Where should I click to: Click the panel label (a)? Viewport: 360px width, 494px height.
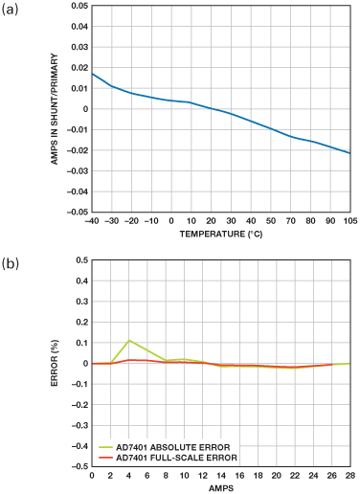(x=10, y=10)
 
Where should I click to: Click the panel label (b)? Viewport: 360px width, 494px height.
(x=11, y=264)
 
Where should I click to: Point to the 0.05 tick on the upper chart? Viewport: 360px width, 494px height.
(x=79, y=6)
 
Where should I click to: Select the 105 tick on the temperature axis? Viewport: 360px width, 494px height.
(x=350, y=221)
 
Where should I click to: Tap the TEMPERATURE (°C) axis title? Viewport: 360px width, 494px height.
(x=221, y=235)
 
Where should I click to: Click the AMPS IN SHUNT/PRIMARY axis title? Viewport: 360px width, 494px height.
(x=55, y=109)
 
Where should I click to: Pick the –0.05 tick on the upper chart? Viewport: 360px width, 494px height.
(x=77, y=212)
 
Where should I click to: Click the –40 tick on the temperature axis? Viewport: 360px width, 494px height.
(x=92, y=221)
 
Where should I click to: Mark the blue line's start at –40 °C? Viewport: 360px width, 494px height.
(x=92, y=74)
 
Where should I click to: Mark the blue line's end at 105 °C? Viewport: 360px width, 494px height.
(x=350, y=153)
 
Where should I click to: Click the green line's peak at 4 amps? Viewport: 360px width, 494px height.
(x=129, y=340)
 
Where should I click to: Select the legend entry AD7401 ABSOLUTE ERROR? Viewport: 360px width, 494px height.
(x=165, y=447)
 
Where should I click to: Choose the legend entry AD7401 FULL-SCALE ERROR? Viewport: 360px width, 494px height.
(x=168, y=458)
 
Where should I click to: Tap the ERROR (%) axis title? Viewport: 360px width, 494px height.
(x=55, y=363)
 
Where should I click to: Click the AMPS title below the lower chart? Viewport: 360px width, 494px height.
(x=221, y=488)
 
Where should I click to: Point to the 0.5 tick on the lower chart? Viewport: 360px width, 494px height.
(x=81, y=260)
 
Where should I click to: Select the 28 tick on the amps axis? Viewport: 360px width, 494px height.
(x=350, y=476)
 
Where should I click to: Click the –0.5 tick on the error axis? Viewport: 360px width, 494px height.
(x=79, y=466)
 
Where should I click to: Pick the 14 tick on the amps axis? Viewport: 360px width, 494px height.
(x=221, y=476)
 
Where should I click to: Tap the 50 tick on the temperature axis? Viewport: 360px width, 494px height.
(x=271, y=221)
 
